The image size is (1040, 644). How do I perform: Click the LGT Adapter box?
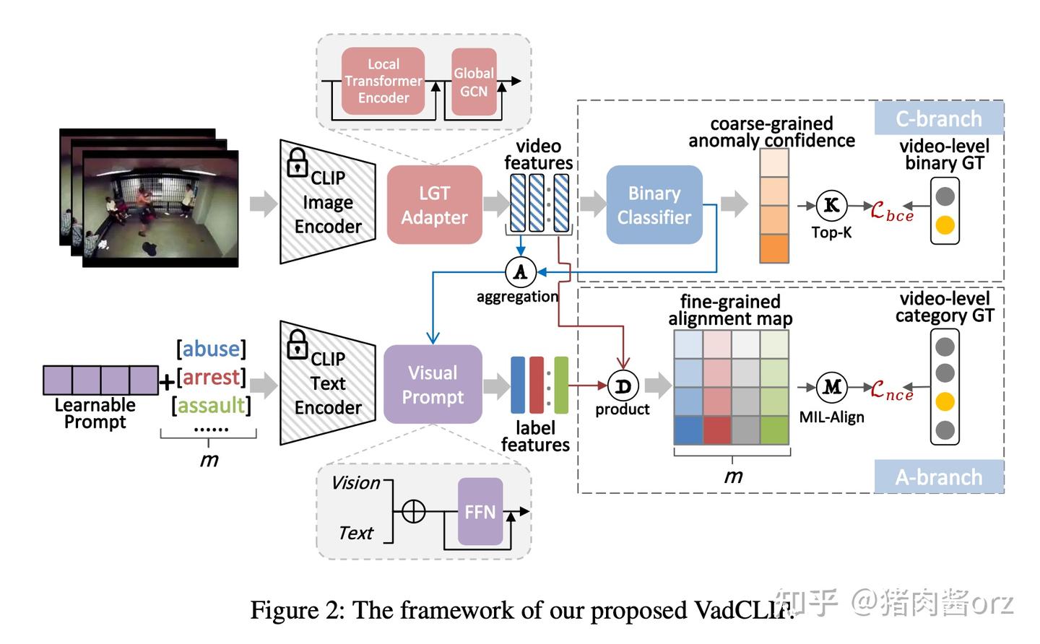(434, 205)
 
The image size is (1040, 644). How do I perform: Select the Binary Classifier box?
(654, 205)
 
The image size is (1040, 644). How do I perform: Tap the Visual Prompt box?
(433, 384)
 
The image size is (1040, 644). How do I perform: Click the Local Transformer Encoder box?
(383, 81)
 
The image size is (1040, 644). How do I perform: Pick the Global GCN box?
(474, 82)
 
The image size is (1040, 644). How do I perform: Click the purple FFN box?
(480, 512)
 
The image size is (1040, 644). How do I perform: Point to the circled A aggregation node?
(520, 272)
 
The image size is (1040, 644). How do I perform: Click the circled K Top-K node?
(831, 206)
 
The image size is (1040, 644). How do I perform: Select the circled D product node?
(623, 386)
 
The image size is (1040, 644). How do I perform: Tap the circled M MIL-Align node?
(831, 388)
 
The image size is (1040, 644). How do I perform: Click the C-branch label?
(939, 118)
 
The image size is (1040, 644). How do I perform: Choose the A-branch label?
(939, 477)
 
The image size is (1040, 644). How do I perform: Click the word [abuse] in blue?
(211, 349)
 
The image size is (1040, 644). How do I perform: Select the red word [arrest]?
(211, 377)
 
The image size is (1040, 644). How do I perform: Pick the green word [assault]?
(211, 405)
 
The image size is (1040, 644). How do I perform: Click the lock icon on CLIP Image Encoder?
(298, 162)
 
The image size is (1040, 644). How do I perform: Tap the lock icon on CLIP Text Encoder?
(298, 344)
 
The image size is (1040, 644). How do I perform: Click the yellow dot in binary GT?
(945, 225)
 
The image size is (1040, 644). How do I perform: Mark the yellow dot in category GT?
(945, 401)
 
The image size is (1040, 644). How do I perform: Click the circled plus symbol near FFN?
(413, 512)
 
